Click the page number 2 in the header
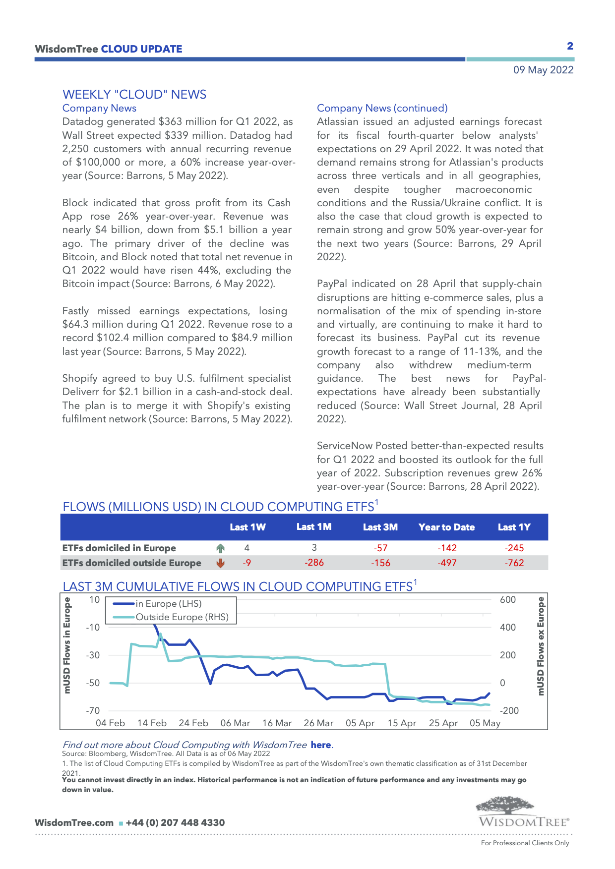pos(570,46)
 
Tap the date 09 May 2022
pos(543,70)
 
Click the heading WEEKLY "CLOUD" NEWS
pos(134,95)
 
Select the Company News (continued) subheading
pos(382,108)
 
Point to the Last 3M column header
pos(380,527)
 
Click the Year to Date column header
pos(446,527)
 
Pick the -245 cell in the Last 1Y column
pos(515,548)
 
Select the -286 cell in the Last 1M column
pos(314,563)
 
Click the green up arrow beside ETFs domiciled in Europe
pos(221,548)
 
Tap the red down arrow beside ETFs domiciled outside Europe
pos(221,563)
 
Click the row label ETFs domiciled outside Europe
pos(131,563)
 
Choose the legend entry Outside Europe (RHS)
pos(182,617)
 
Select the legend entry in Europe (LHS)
pos(168,604)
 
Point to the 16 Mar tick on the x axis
pos(277,723)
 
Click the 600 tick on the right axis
pos(508,600)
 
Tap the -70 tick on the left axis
pos(93,711)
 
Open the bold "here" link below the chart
pos(321,745)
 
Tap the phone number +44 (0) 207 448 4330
pos(175,823)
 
